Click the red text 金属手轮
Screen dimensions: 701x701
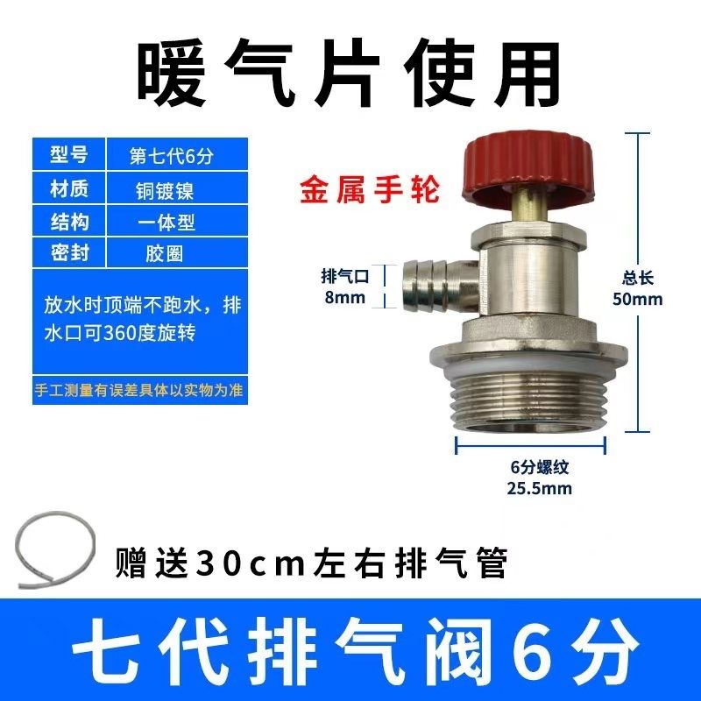(370, 191)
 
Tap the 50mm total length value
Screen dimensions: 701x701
(638, 299)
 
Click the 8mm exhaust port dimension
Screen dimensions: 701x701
(344, 297)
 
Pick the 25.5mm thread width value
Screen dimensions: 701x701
(539, 488)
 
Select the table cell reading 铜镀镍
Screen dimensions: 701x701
(165, 191)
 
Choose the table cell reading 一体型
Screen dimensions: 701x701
(166, 223)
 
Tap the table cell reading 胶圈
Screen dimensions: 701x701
(164, 253)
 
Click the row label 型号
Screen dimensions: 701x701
(69, 154)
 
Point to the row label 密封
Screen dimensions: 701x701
(69, 253)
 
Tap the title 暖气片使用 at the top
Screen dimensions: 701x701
(348, 74)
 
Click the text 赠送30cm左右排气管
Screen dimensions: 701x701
(312, 563)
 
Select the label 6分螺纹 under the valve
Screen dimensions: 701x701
(540, 467)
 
